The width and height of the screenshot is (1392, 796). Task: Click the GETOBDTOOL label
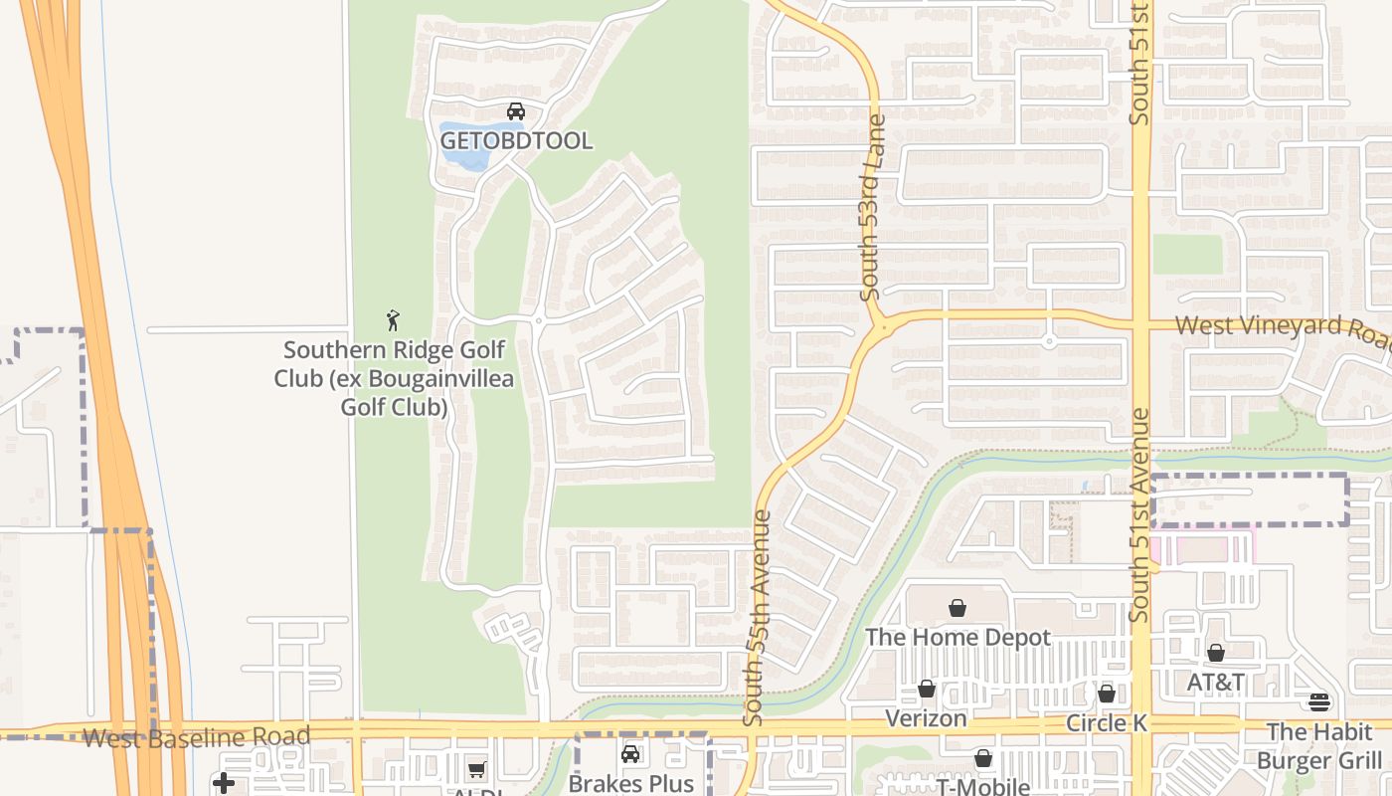coord(516,141)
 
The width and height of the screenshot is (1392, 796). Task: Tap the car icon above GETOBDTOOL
coord(516,111)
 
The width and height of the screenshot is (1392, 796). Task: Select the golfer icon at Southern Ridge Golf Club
coord(393,320)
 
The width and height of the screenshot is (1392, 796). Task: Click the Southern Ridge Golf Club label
coord(394,378)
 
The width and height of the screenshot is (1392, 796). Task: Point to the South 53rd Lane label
coord(873,208)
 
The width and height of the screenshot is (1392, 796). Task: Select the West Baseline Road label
coord(196,737)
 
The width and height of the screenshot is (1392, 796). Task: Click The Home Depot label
coord(957,637)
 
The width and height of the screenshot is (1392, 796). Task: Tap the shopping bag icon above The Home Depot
coord(957,608)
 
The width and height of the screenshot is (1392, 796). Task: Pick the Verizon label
coord(926,718)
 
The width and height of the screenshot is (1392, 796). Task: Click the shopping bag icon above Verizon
coord(927,689)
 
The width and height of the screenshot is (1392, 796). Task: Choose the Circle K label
coord(1107,723)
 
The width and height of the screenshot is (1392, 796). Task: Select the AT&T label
coord(1216,683)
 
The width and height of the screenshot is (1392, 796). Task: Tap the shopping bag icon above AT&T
coord(1216,653)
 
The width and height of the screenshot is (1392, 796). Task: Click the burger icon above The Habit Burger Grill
coord(1319,702)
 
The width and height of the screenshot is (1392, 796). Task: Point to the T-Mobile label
coord(982,786)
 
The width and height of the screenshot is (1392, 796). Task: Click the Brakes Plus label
coord(630,783)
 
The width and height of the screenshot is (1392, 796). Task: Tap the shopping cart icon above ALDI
coord(477,769)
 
